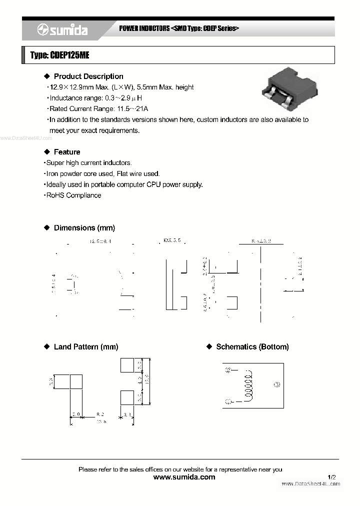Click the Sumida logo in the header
62,30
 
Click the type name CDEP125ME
59,55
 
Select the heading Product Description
88,76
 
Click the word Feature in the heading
67,152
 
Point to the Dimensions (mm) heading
84,228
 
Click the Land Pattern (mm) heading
85,347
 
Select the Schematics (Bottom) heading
252,347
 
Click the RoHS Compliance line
73,195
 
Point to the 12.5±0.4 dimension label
100,241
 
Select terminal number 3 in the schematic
278,385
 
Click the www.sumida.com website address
184,477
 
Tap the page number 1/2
332,477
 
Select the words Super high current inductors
89,163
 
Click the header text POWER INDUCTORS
144,28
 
